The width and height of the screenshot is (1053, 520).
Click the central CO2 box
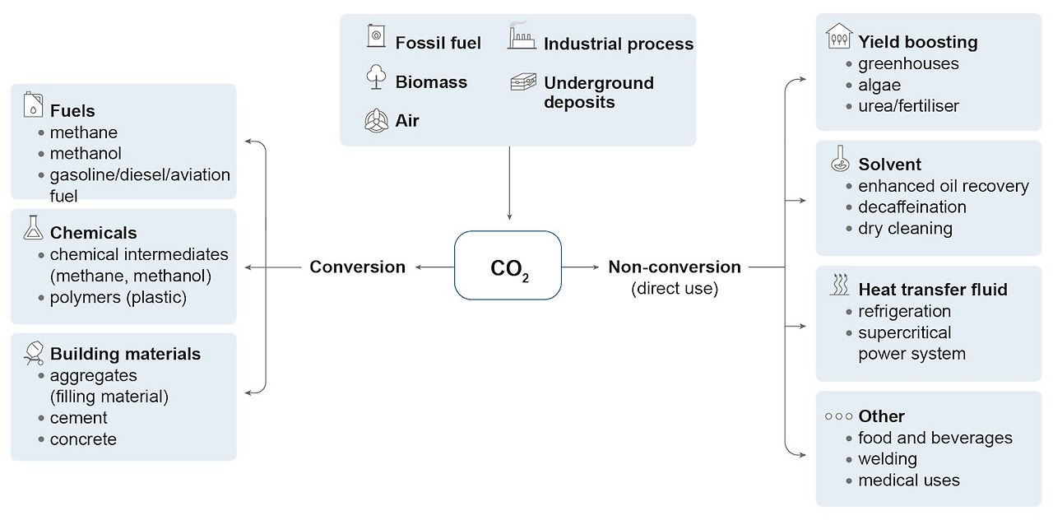(x=508, y=266)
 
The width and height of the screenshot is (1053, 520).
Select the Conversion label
(x=357, y=267)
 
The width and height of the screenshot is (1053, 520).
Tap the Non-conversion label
(x=674, y=267)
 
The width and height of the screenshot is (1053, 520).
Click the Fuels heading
(x=72, y=111)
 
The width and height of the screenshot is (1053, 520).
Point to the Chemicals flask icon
(x=33, y=229)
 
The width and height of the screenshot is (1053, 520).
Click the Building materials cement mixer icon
(x=33, y=352)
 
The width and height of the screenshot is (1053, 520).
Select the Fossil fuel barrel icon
(x=376, y=37)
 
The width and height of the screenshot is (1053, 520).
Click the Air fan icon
(x=375, y=120)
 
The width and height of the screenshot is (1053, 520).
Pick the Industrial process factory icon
(x=522, y=38)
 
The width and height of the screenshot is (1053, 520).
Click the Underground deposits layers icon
(x=522, y=82)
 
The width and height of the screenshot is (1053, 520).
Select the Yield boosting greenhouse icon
(x=838, y=37)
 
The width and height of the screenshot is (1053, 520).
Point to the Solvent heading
(x=889, y=164)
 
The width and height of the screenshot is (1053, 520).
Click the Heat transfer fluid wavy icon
(x=838, y=286)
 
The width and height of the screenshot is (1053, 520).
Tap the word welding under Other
(x=887, y=459)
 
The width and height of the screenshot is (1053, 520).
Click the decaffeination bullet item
(x=912, y=207)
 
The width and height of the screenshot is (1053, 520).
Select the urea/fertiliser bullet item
(x=908, y=106)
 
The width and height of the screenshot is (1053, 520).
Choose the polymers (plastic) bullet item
(x=118, y=298)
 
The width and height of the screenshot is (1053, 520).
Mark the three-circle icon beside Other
(x=838, y=416)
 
